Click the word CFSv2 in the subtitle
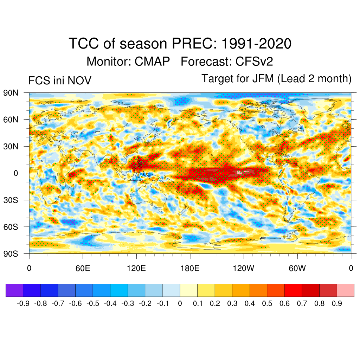(x=254, y=62)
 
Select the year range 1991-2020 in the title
(x=257, y=44)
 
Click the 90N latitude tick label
(x=11, y=93)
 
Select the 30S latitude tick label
(x=11, y=200)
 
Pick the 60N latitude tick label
(x=11, y=120)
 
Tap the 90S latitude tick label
(x=11, y=253)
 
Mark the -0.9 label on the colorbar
(x=23, y=303)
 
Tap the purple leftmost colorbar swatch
(x=14, y=290)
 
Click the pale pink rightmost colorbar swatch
(x=345, y=290)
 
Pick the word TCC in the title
(x=82, y=44)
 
